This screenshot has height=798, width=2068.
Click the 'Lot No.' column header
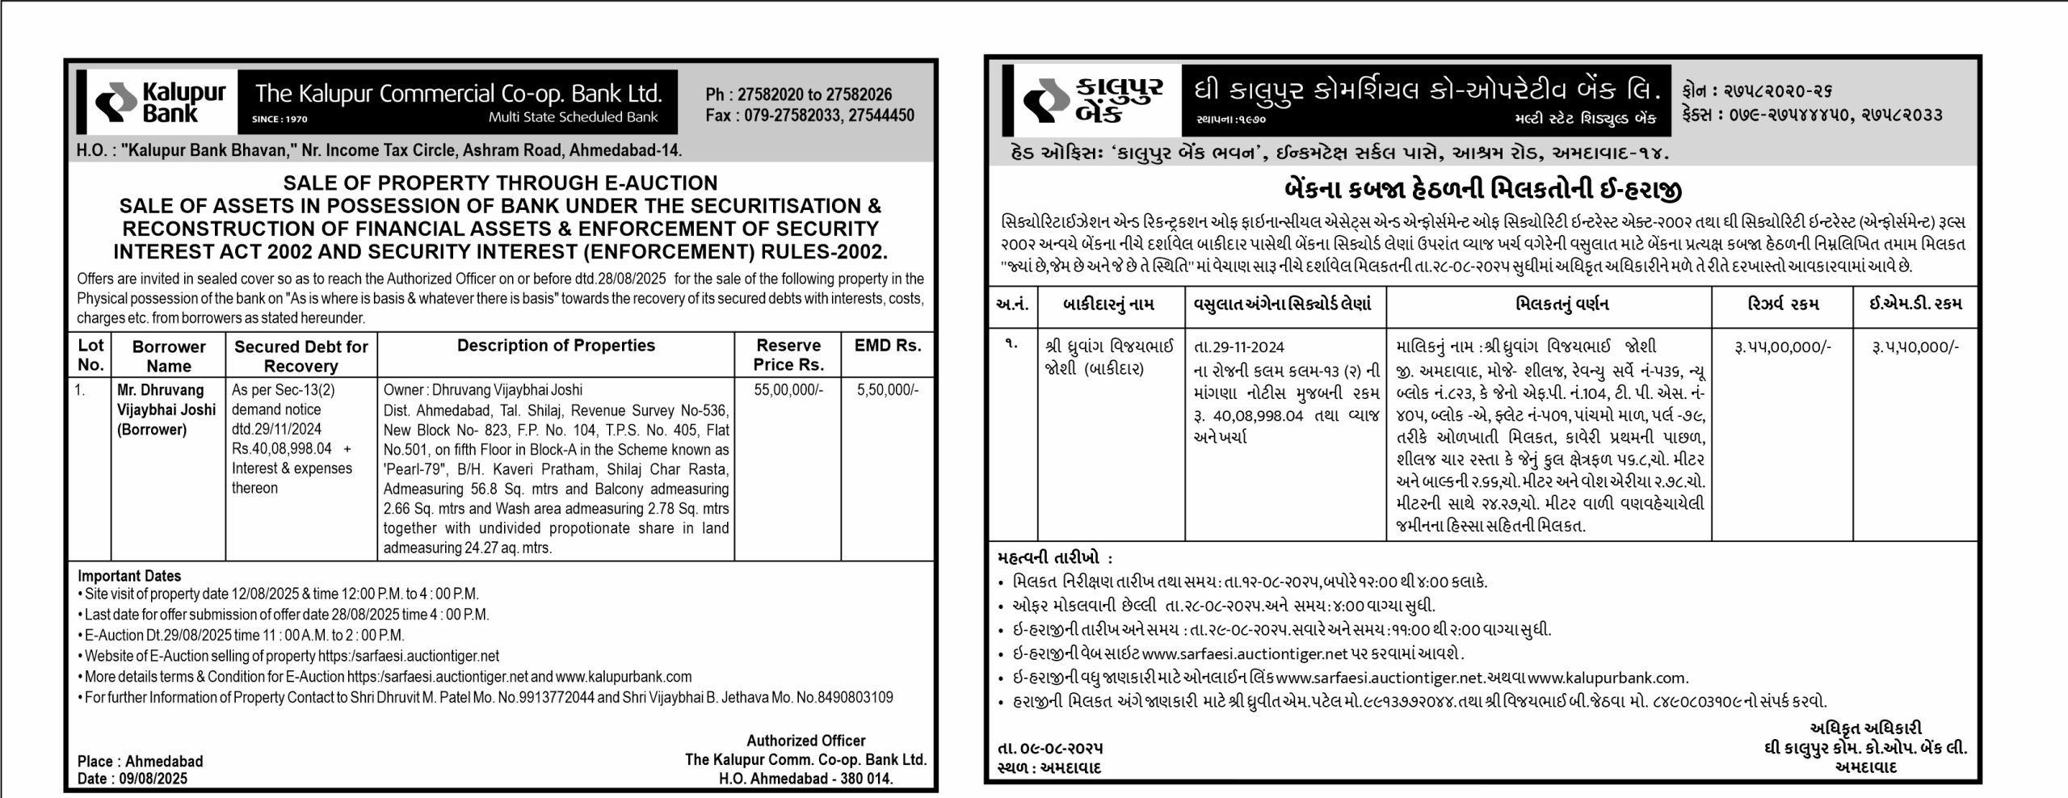point(90,355)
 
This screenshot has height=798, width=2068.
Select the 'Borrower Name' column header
point(169,356)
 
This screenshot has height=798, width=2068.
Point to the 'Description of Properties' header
point(556,346)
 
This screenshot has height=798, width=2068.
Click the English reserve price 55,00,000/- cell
point(788,390)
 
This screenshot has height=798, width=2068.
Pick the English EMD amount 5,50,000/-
point(888,390)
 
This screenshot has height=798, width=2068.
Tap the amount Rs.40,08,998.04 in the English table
point(282,449)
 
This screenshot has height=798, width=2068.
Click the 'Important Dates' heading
point(129,576)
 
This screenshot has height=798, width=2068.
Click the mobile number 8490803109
point(852,697)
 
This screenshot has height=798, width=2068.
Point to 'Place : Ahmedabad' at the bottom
point(141,762)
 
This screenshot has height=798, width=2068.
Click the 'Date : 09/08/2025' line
point(132,779)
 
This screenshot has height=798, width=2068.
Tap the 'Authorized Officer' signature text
point(805,741)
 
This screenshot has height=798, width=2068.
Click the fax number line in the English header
point(809,115)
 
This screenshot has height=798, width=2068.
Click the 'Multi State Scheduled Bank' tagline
point(573,118)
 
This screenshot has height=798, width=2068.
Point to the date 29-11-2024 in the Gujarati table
point(1238,347)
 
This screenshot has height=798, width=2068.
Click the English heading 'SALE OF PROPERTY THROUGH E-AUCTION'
point(500,183)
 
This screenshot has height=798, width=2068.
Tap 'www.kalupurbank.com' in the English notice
point(623,677)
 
